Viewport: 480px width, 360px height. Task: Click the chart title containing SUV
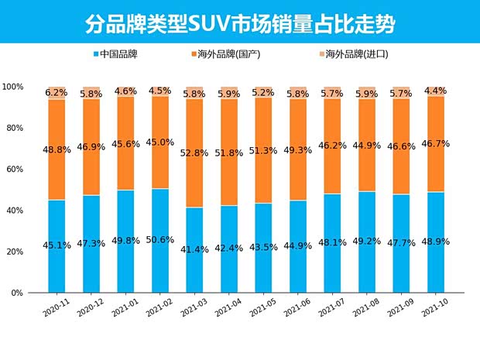point(239,23)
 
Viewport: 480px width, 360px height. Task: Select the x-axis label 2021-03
point(194,310)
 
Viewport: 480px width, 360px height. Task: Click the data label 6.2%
point(57,93)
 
